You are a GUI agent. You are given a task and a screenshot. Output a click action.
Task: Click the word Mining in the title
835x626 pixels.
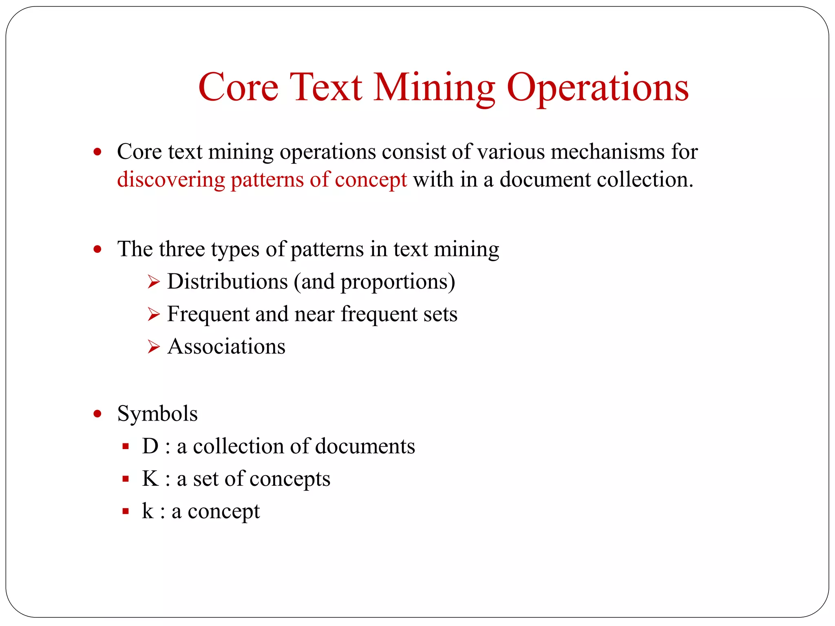[x=434, y=88]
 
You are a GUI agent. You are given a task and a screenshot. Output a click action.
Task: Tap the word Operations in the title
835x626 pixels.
[x=597, y=88]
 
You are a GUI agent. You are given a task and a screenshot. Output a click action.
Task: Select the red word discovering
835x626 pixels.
[x=171, y=180]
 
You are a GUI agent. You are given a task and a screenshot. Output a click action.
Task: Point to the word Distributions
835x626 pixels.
[x=228, y=282]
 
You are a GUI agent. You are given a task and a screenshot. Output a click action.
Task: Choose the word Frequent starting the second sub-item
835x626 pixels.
[x=208, y=314]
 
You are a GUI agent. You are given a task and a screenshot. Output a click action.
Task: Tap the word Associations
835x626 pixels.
[x=226, y=347]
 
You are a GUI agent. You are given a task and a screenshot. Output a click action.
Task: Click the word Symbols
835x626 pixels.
[x=157, y=414]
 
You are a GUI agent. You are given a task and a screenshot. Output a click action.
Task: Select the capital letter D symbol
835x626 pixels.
[x=150, y=446]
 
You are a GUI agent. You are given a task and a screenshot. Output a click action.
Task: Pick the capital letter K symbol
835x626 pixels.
[x=150, y=479]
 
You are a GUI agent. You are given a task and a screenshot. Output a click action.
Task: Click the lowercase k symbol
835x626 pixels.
[x=147, y=511]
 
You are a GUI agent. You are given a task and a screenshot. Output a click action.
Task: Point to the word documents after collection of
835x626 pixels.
[x=365, y=446]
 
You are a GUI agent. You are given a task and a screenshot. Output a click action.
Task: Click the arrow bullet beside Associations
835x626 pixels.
[x=153, y=347]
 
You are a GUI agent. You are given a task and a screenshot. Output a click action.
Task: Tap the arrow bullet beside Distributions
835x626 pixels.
[x=153, y=282]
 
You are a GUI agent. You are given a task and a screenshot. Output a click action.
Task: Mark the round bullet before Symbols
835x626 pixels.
[x=97, y=414]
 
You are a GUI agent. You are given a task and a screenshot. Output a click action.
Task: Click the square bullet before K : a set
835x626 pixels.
[x=126, y=479]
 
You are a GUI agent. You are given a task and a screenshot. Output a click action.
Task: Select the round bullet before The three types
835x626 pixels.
[x=97, y=249]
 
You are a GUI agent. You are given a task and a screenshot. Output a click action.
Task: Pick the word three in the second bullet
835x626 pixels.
[x=182, y=249]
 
